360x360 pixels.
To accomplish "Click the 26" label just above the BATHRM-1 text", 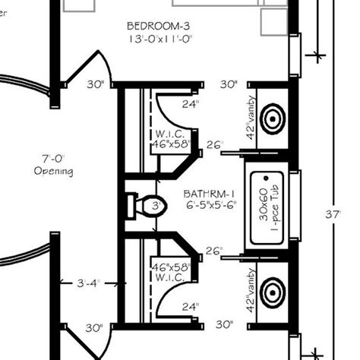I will tap(213, 145).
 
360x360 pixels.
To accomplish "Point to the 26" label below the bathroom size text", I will tap(213, 251).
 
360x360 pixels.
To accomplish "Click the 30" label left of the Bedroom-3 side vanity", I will tap(228, 84).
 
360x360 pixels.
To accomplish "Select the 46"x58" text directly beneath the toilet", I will tap(169, 267).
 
